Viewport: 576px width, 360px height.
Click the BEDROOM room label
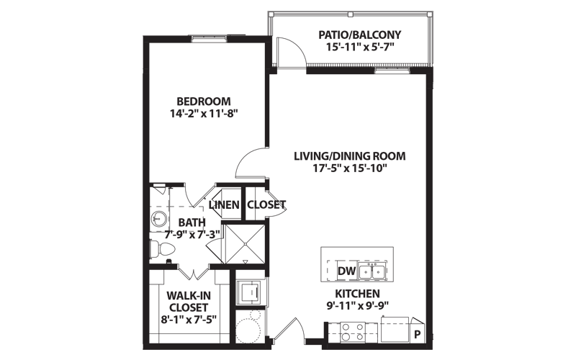[x=204, y=101]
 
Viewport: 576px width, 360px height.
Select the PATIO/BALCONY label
[x=359, y=35]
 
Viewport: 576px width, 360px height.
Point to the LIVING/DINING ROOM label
[x=350, y=156]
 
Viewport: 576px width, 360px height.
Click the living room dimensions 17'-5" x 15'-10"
[x=351, y=168]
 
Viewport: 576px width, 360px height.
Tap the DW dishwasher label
[x=347, y=271]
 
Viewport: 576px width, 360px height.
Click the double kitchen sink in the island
[x=372, y=271]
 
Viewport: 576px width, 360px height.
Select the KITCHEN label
[x=357, y=294]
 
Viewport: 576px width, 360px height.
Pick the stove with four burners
[x=353, y=332]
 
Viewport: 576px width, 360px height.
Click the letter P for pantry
[x=417, y=335]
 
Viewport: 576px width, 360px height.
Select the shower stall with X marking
[x=244, y=244]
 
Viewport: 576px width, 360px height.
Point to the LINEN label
[x=224, y=204]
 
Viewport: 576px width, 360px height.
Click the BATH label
[x=192, y=222]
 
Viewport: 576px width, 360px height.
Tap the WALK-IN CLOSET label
[x=189, y=301]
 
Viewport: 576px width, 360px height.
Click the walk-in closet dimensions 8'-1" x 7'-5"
[x=189, y=320]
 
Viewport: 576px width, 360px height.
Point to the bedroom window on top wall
[x=210, y=39]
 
